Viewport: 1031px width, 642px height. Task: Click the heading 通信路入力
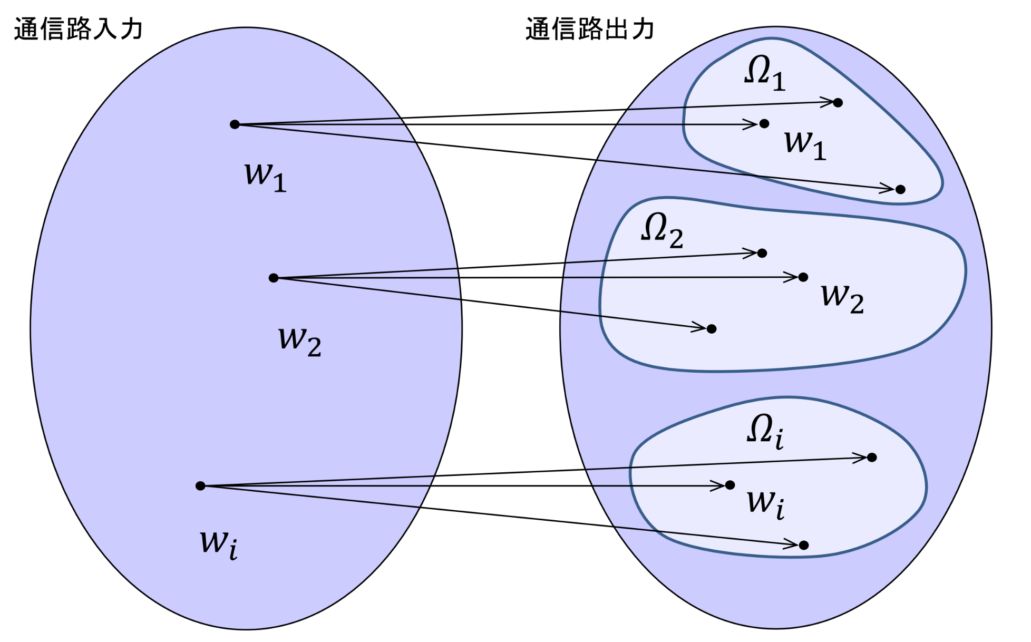tap(78, 28)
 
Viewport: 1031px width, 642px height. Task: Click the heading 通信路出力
tap(590, 28)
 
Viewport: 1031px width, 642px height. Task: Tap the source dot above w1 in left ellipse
tap(235, 124)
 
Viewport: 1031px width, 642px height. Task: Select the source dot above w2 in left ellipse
tap(273, 278)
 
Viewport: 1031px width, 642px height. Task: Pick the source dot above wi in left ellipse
tap(200, 485)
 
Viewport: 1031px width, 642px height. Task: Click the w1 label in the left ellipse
tap(265, 176)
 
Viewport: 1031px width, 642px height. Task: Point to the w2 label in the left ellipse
tap(299, 341)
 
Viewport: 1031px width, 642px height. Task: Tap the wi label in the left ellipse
tap(218, 543)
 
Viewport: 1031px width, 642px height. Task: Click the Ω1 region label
tap(765, 73)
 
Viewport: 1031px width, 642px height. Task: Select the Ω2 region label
tap(662, 230)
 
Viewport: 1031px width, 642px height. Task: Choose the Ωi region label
tap(765, 431)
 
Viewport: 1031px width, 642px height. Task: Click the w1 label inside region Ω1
tap(805, 144)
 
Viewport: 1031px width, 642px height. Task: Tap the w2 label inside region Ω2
tap(842, 298)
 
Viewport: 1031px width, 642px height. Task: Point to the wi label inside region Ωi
tap(765, 503)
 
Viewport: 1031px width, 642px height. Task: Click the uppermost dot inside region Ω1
tap(838, 102)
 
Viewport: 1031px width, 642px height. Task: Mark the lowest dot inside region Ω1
tap(900, 189)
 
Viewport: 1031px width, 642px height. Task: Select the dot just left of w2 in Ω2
tap(803, 277)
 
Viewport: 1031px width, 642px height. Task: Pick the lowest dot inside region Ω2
tap(712, 329)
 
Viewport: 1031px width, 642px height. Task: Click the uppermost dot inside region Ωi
tap(872, 457)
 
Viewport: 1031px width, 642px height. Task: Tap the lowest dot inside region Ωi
tap(804, 545)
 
